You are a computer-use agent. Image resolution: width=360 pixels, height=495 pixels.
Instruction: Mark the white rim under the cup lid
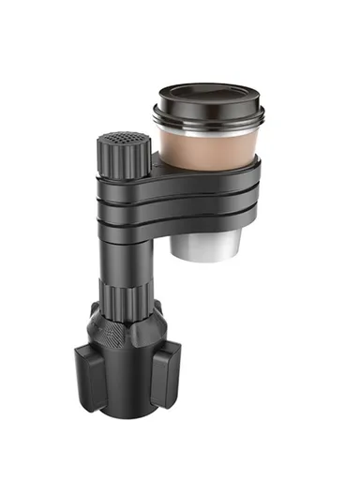tap(208, 125)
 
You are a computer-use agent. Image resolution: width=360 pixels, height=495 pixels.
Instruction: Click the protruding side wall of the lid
tap(208, 111)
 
